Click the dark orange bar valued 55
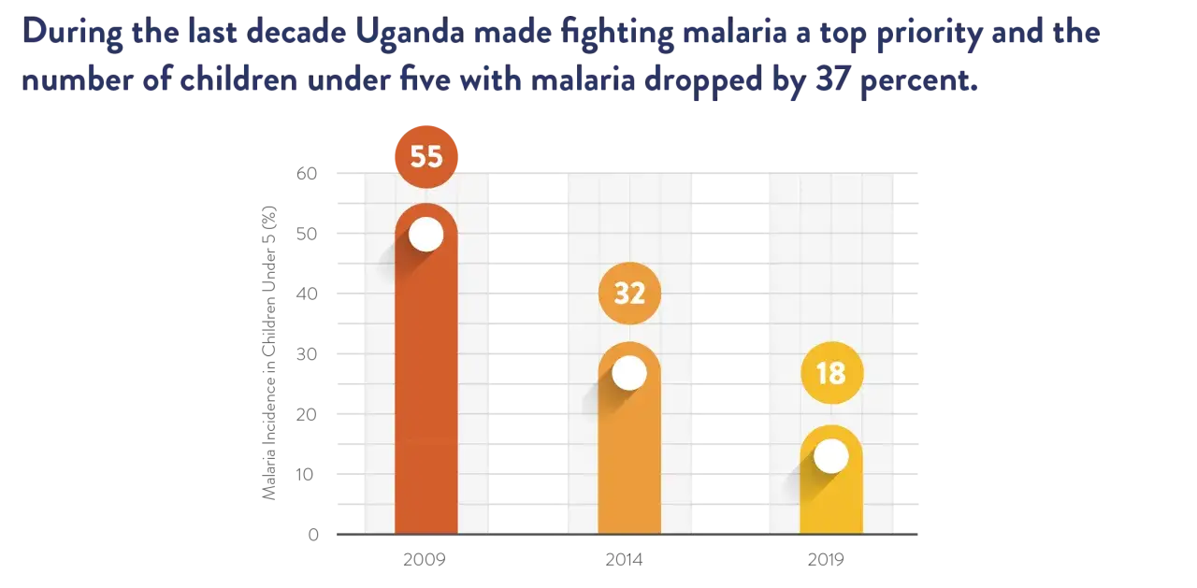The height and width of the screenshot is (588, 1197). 425,393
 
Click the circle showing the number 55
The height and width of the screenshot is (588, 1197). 425,156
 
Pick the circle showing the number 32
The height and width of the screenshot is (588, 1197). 629,294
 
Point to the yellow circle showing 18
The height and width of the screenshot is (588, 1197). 830,373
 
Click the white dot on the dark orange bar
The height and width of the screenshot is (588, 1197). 425,234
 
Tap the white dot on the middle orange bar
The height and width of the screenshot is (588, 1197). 629,373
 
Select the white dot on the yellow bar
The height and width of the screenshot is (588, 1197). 830,456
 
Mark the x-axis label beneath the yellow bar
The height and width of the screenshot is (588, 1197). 827,559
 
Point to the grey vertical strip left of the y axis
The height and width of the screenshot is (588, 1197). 269,351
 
